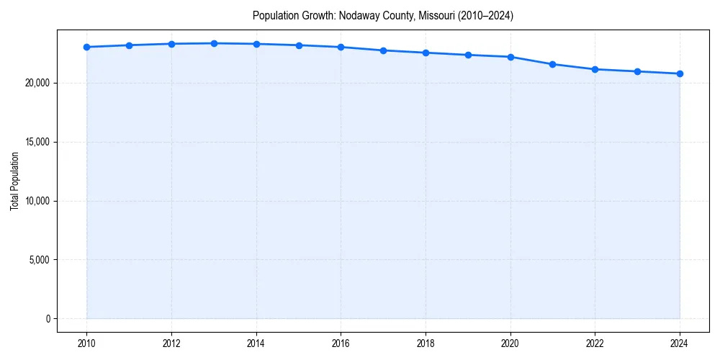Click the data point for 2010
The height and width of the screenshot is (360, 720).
86,47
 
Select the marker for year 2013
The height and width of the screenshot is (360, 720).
214,43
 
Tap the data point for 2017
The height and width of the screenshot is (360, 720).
383,50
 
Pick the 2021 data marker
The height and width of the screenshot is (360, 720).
552,64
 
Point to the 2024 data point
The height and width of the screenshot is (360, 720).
680,73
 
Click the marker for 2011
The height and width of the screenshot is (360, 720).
129,45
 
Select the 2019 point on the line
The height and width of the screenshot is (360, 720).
468,55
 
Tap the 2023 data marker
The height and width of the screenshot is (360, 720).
637,71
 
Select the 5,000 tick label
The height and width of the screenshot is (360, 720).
40,259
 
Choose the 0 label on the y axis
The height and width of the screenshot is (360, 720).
48,318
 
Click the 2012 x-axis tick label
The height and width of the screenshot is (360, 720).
171,343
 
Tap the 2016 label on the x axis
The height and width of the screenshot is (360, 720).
341,343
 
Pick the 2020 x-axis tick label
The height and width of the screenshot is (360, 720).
510,343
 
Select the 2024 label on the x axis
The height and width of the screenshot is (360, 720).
680,343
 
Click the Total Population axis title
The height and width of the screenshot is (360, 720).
14,181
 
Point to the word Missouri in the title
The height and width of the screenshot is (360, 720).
436,15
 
